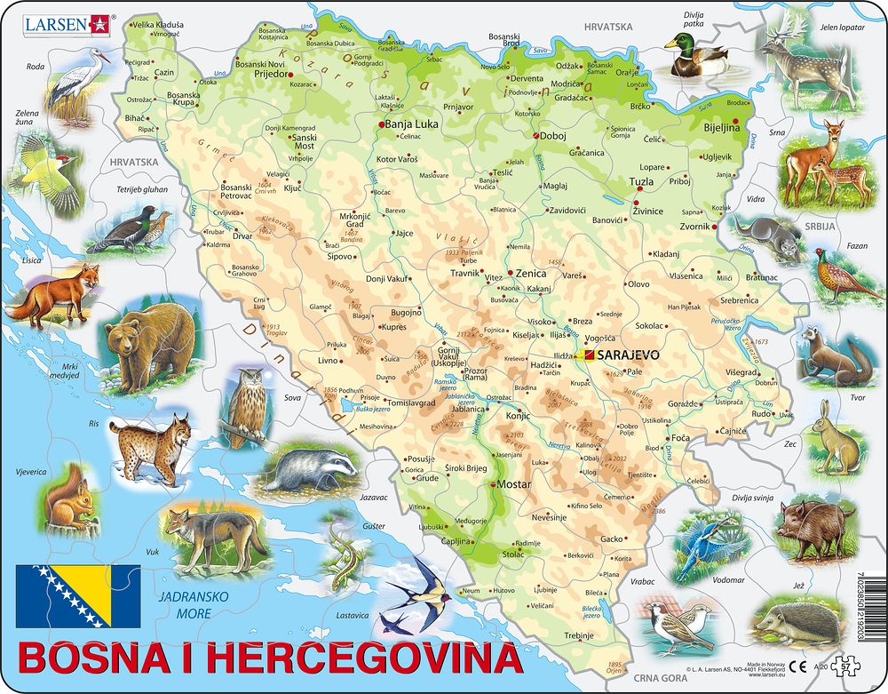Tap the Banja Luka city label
point(413,124)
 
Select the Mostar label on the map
point(514,485)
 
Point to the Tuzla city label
point(641,181)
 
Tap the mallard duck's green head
point(678,42)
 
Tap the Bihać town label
point(135,117)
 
